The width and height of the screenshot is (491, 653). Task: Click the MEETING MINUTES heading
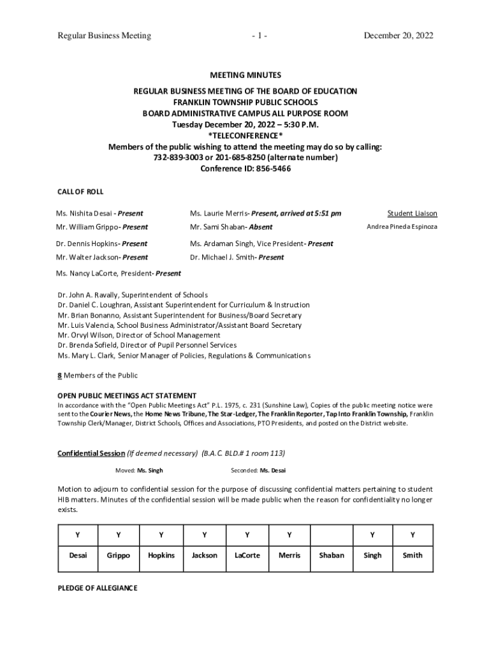(245, 75)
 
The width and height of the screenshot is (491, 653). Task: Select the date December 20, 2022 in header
(398, 36)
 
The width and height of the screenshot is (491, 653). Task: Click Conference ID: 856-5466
(245, 169)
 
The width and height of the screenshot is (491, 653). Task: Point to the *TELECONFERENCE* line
(245, 136)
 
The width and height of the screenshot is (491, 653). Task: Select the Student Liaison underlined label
(412, 214)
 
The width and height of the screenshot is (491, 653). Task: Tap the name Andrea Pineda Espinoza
(402, 227)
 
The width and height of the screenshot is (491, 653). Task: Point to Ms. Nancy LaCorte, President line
(119, 273)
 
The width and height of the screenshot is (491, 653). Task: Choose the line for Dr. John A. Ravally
(132, 295)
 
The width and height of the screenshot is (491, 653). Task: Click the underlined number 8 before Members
(59, 376)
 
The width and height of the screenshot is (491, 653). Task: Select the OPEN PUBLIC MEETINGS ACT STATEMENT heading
(127, 395)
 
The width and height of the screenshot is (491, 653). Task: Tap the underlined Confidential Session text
(91, 453)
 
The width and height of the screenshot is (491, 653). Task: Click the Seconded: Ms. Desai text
(258, 471)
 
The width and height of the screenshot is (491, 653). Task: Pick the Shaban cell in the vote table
(331, 555)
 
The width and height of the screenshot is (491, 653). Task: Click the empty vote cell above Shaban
(331, 534)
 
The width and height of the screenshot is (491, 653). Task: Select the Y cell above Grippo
(119, 534)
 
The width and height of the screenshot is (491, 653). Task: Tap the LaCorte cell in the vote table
(247, 555)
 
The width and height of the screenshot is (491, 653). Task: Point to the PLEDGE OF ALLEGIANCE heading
(97, 588)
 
